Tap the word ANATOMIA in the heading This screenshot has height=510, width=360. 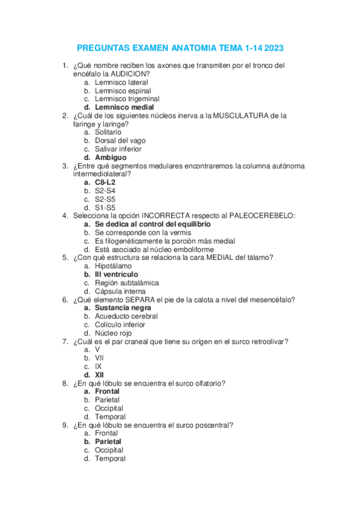(193, 48)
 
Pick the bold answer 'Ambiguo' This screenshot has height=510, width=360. (111, 157)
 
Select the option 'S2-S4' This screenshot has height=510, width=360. (105, 191)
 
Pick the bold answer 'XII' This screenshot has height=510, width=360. (100, 375)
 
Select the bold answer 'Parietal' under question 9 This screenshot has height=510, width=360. (108, 441)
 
